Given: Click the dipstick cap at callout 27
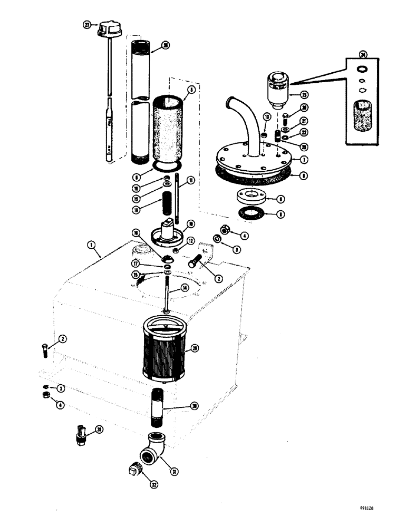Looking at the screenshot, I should tap(110, 30).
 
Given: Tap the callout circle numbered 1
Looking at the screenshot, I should tap(92, 245).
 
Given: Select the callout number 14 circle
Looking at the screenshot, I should tap(185, 288).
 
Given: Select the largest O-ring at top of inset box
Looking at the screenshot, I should tap(362, 69).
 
